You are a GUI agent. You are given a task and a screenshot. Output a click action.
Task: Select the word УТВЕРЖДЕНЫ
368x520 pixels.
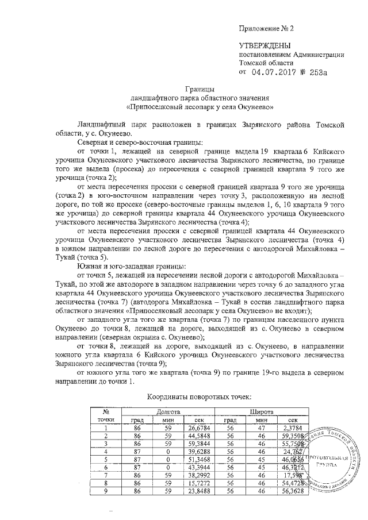click(265, 45)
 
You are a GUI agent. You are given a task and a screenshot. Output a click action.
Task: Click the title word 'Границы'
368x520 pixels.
click(199, 89)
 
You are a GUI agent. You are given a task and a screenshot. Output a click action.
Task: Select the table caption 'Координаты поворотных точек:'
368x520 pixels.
click(199, 397)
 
